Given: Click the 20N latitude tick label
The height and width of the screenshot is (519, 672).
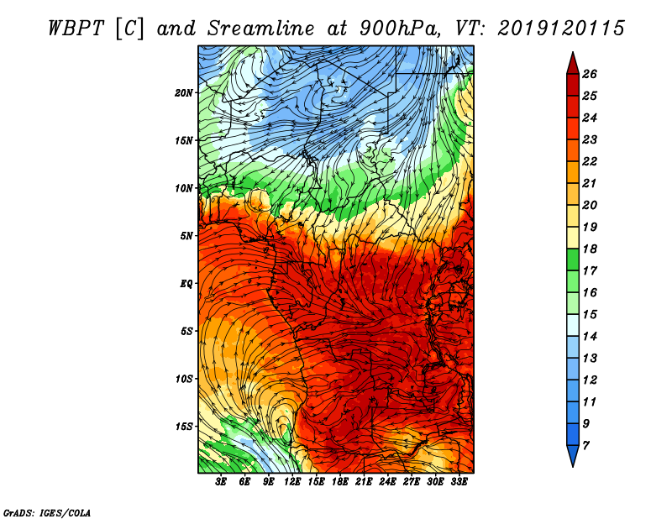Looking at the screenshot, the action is [x=183, y=92].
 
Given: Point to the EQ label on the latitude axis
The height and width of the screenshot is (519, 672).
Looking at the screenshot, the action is [x=186, y=283].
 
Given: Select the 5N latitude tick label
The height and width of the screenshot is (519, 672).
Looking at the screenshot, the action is [x=186, y=236].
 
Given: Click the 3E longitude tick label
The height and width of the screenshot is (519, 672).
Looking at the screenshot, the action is [x=221, y=482].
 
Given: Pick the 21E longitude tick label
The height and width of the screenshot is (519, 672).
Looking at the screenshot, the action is [x=364, y=482].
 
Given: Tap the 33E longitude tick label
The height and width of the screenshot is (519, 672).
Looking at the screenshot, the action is [x=459, y=482].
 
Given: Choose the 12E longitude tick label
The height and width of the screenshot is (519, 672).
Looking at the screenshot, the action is [x=291, y=482].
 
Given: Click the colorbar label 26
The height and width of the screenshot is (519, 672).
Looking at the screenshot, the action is [x=590, y=74].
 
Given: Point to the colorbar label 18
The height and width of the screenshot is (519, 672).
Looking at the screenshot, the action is [x=590, y=249].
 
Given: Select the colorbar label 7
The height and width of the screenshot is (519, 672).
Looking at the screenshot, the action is [x=585, y=445].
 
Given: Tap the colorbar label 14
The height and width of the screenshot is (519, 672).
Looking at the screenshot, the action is [x=590, y=337].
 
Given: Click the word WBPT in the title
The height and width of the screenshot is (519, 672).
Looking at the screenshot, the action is [x=76, y=29].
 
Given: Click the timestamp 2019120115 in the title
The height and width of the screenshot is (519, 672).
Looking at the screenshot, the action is [x=561, y=29].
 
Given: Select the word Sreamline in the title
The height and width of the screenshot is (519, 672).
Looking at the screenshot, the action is [x=261, y=29].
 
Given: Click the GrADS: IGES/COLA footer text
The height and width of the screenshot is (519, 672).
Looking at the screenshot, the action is [x=47, y=512].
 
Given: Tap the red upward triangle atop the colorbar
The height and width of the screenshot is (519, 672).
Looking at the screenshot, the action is [x=573, y=64].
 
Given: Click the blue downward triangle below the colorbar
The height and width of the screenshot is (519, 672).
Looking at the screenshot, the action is [x=573, y=455].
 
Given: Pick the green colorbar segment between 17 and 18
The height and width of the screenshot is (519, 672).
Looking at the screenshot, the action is [x=573, y=259].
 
